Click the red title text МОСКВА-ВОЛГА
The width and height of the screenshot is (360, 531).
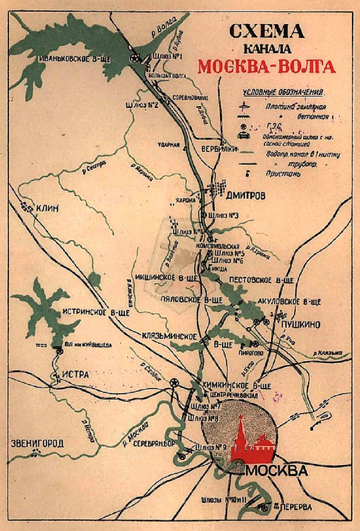pos(266,67)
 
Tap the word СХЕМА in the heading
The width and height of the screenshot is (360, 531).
pos(266,32)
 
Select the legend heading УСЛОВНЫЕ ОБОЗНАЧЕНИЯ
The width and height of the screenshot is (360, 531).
pos(283,93)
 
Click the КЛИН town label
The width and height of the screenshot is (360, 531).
pos(48,208)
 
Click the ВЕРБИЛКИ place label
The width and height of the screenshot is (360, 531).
pos(219,149)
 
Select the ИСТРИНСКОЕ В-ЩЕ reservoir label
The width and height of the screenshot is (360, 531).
pos(95,312)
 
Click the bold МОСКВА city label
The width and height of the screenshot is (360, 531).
pos(277,471)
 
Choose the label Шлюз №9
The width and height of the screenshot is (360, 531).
pos(211,446)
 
